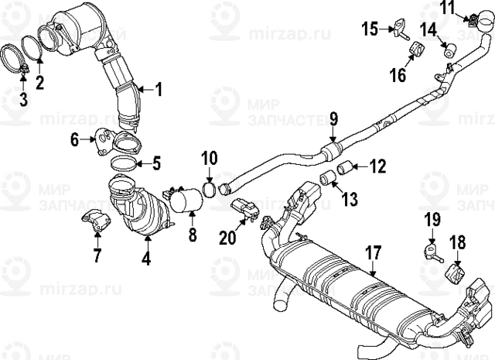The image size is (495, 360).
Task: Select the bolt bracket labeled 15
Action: [401, 28]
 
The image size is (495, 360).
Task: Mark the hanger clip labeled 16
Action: [414, 55]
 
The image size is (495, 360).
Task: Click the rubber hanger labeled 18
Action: [456, 273]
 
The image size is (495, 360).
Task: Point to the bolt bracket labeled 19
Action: [432, 252]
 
